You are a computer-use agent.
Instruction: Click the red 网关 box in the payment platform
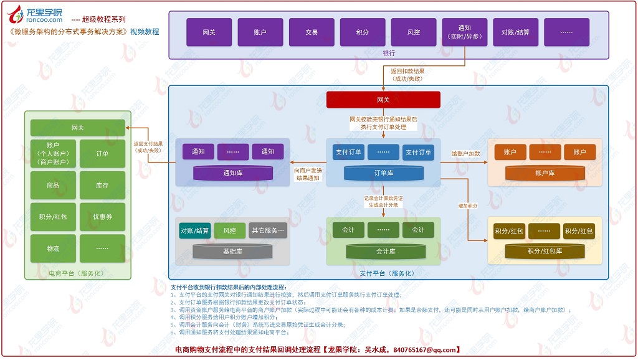(x=383, y=100)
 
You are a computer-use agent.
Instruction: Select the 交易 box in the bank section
(x=312, y=32)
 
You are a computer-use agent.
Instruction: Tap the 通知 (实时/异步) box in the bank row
(x=464, y=32)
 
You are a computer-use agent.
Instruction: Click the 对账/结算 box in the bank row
(x=515, y=32)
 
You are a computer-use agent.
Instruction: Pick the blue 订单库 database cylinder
(x=383, y=173)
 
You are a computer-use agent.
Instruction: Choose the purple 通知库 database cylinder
(x=232, y=173)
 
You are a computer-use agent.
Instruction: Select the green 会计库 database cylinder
(x=383, y=252)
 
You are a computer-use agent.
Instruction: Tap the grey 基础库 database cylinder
(x=232, y=252)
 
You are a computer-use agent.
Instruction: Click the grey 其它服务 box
(x=268, y=230)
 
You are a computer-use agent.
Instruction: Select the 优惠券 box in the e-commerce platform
(x=102, y=217)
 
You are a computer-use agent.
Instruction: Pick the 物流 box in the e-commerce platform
(x=53, y=249)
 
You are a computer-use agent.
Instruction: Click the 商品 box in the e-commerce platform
(x=53, y=186)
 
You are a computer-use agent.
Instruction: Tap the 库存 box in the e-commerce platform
(x=102, y=186)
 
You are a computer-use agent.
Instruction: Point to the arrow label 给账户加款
(x=465, y=153)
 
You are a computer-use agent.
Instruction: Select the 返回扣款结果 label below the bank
(x=407, y=71)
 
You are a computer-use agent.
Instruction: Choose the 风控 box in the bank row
(x=413, y=32)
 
